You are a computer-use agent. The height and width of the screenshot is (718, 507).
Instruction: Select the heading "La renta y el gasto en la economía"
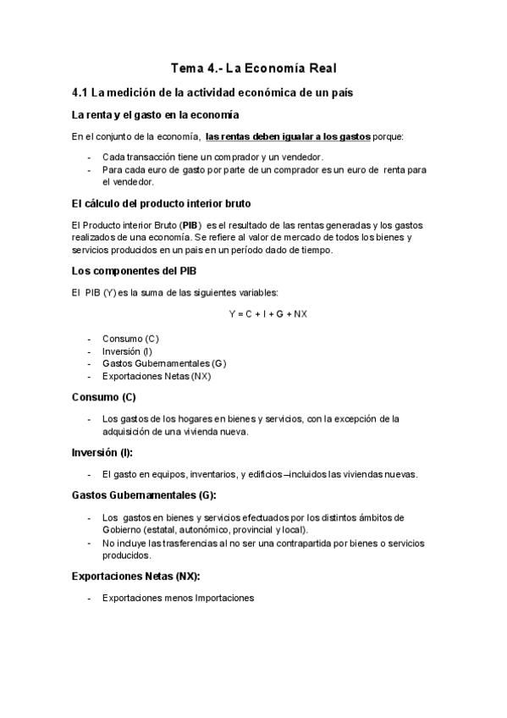click(x=155, y=114)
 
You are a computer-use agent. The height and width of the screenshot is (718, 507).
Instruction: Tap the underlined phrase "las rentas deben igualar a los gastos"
click(x=289, y=135)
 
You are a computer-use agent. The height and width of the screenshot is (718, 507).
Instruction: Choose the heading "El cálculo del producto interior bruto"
click(x=161, y=203)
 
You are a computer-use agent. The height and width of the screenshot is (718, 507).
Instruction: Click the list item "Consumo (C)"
click(x=130, y=339)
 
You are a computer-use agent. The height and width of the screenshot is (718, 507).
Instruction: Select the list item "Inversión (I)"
click(x=127, y=351)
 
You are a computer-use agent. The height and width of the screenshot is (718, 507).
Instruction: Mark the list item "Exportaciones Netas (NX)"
click(x=156, y=375)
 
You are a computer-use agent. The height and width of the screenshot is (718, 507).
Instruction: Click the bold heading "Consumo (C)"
click(x=104, y=396)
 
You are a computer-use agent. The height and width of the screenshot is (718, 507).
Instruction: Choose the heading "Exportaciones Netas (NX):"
click(x=135, y=576)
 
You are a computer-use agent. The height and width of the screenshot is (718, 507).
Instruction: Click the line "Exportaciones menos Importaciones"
click(x=178, y=598)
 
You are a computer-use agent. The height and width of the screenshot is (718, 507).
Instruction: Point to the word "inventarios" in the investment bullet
click(x=213, y=473)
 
